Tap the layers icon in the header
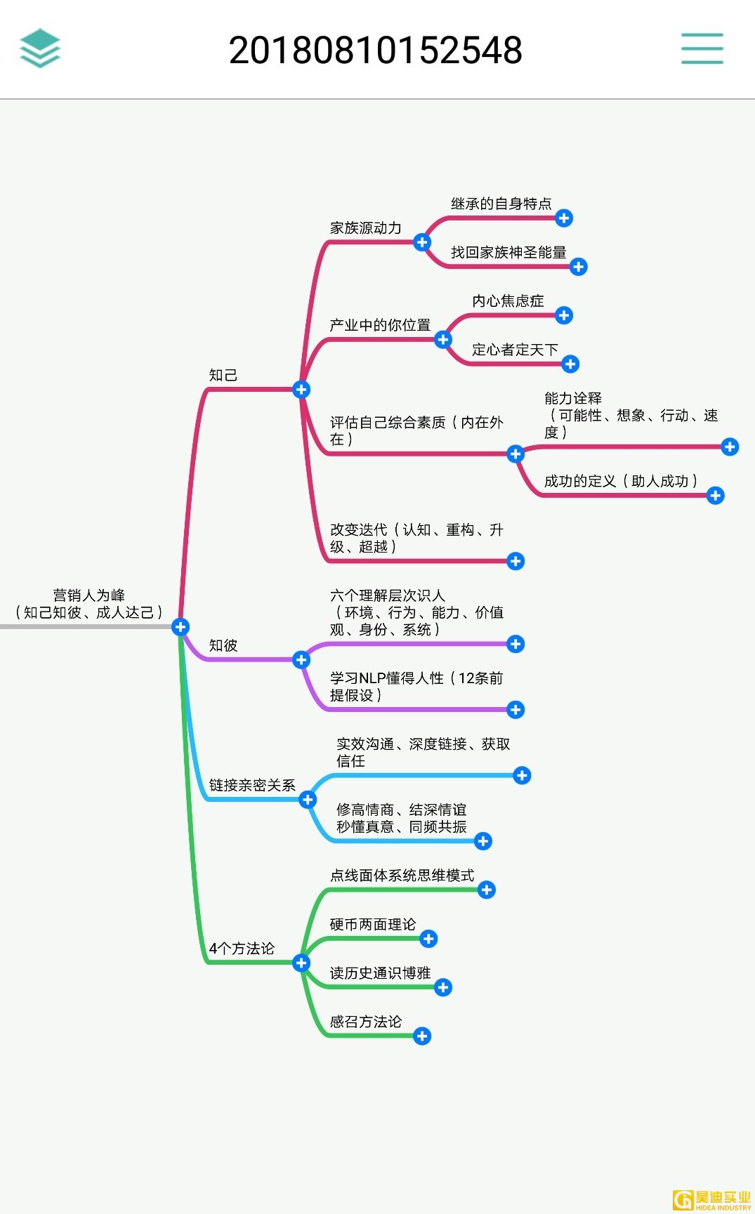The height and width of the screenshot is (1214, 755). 40,48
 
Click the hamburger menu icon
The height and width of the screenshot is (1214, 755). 702,48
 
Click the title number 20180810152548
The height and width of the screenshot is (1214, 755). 376,51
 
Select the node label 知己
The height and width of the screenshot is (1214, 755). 223,376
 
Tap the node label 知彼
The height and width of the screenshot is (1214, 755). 223,645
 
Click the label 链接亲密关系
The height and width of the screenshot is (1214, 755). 252,785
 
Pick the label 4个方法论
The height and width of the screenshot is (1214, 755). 242,949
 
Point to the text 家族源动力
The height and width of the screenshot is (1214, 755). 366,228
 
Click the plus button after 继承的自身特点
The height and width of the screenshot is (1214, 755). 564,218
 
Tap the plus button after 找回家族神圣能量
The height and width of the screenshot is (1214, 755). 579,267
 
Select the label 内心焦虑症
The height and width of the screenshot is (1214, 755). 508,301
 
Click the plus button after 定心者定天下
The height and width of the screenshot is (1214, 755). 570,364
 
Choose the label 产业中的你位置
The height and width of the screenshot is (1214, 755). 380,325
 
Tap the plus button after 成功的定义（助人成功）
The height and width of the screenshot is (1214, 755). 716,496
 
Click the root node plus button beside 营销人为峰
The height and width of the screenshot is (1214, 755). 180,627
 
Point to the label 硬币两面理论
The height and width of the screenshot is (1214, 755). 373,925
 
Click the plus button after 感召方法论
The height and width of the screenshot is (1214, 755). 422,1036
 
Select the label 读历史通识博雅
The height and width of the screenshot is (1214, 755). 380,973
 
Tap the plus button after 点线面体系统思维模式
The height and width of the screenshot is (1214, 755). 487,890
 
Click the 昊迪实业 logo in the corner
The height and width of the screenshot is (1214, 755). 711,1200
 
